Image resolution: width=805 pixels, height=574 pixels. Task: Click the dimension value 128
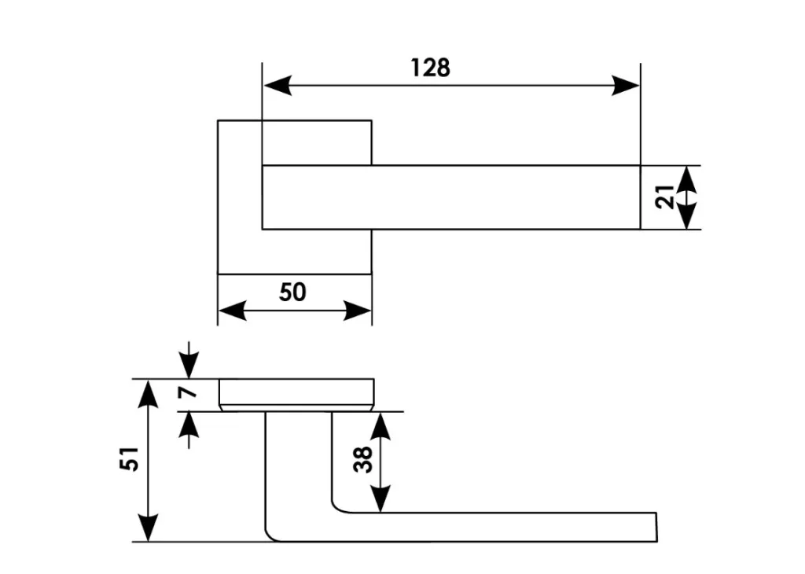431,68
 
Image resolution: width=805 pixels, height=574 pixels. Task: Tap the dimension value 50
292,292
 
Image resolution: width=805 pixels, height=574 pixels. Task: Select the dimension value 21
665,197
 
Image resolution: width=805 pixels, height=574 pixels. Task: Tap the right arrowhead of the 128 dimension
626,85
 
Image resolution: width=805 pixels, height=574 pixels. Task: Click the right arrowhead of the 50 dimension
357,311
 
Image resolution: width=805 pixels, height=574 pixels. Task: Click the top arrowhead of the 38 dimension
380,425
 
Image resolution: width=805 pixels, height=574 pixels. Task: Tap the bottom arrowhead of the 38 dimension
380,499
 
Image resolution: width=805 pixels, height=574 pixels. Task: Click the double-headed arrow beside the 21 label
688,197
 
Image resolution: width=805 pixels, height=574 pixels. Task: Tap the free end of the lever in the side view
652,527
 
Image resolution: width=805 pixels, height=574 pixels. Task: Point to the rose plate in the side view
296,392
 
